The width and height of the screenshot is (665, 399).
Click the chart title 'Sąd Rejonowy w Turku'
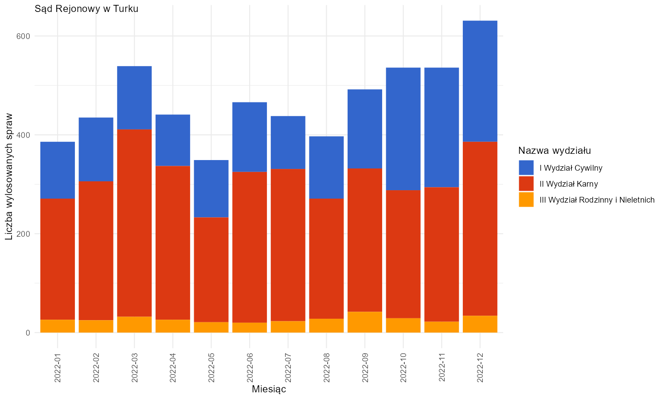coord(86,9)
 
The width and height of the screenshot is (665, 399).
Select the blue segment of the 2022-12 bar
coord(480,81)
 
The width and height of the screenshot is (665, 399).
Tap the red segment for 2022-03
coord(134,223)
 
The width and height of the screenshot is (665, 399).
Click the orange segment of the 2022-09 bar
coord(365,322)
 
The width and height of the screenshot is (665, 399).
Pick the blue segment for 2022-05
coord(211,189)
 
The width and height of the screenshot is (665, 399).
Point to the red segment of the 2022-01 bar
coord(58,259)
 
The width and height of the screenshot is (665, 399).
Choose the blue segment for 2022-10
coord(403,129)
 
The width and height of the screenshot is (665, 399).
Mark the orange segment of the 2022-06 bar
coord(250,328)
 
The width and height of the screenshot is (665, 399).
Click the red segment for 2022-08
coord(327,258)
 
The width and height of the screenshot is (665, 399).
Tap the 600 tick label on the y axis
coord(23,36)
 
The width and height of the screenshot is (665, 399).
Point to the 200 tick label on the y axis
coord(23,234)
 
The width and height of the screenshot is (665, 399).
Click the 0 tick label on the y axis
coord(28,333)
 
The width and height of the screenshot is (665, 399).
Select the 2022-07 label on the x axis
coord(288,368)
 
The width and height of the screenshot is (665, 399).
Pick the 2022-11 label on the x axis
coord(442,368)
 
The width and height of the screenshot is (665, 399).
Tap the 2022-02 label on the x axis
coord(96,368)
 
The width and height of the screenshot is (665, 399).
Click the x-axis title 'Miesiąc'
coord(269,389)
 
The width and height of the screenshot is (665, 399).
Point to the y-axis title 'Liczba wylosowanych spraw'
coord(9,176)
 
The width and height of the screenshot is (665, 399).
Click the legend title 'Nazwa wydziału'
coord(555,151)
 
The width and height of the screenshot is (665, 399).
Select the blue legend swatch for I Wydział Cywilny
coord(526,168)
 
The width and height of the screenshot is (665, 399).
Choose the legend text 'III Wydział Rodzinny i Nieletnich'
coord(597,200)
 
